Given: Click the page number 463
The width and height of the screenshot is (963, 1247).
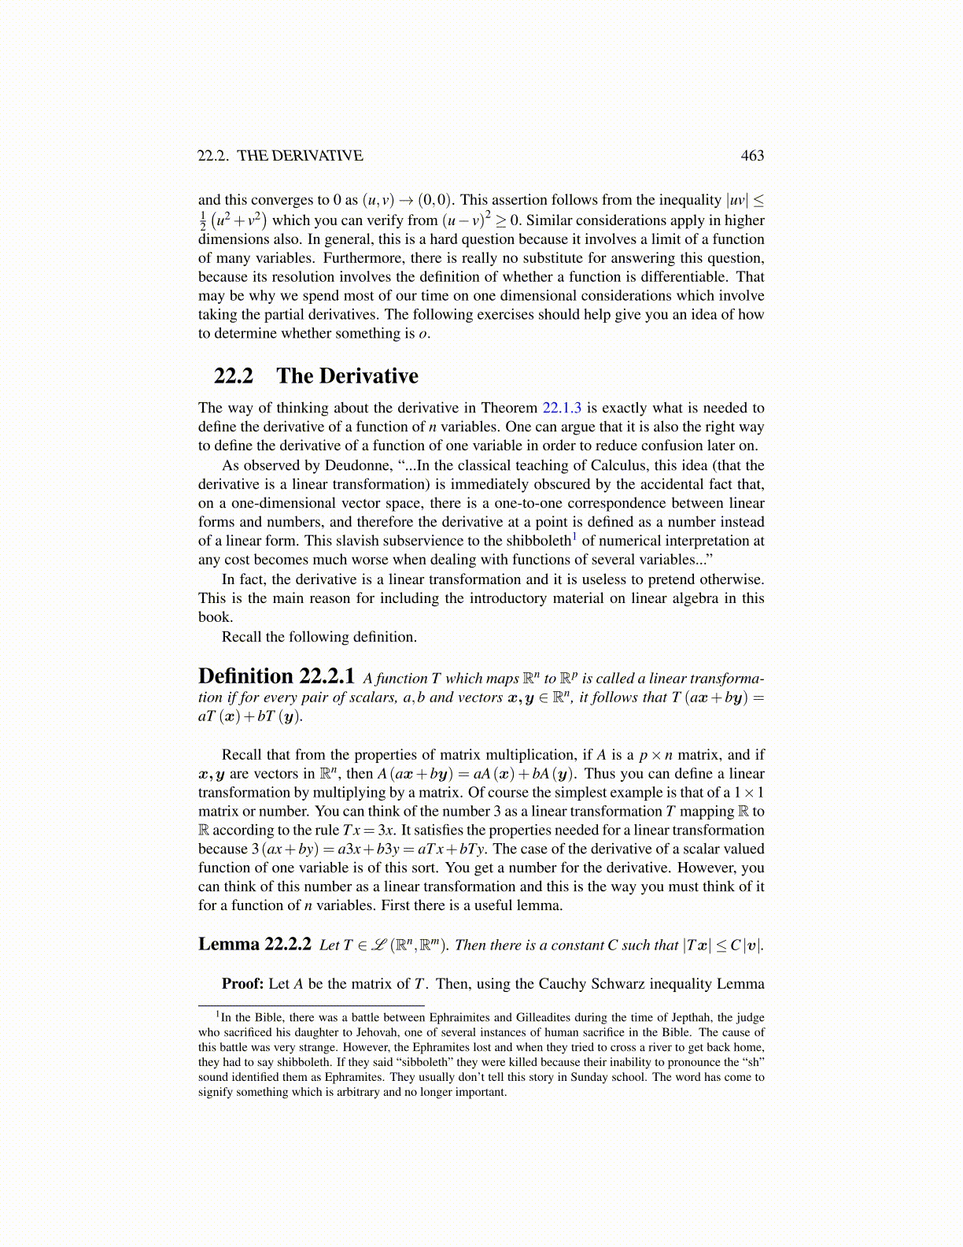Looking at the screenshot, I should pos(752,156).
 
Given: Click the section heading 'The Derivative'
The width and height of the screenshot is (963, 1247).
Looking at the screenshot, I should pos(347,376).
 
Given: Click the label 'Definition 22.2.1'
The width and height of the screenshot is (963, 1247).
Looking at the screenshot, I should pos(276,676).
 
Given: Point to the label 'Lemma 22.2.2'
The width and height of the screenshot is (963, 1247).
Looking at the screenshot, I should pos(255,944).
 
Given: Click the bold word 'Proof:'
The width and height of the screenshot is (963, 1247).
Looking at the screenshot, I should pos(242,984).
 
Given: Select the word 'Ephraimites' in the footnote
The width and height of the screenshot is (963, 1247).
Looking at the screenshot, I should pos(462,1017).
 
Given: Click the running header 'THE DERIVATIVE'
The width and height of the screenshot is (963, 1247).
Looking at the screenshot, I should pos(300,156).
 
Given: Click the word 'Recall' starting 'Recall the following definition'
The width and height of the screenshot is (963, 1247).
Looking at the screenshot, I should pos(242,637).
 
